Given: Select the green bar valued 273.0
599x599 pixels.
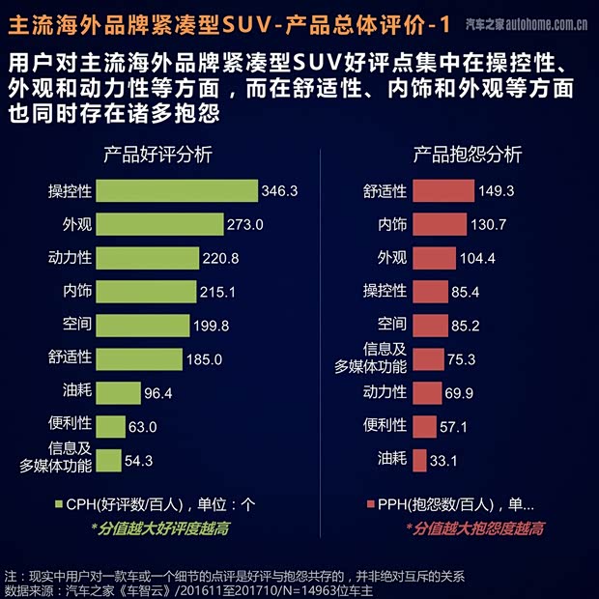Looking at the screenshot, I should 158,225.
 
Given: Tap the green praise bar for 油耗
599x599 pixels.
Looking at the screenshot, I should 119,392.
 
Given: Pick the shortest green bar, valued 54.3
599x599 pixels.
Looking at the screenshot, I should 109,460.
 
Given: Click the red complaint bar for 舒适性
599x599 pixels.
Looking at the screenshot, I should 442,191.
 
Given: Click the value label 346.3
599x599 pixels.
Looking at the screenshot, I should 278,191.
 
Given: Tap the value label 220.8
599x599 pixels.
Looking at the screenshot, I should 220,259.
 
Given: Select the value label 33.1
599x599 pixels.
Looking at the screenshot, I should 443,461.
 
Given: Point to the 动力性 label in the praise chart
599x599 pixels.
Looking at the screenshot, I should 70,259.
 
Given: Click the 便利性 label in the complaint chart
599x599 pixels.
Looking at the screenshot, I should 385,425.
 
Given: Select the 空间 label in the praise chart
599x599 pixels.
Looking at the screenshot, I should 77,326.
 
